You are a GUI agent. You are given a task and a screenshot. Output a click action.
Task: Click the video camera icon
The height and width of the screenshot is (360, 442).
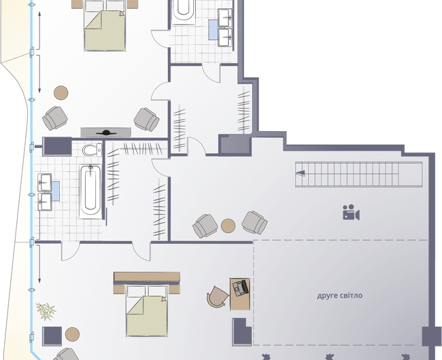click(x=351, y=212)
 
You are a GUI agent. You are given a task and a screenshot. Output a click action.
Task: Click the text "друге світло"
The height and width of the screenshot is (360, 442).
click(x=340, y=295)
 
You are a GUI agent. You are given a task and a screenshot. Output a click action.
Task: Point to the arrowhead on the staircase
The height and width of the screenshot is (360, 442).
click(x=301, y=173)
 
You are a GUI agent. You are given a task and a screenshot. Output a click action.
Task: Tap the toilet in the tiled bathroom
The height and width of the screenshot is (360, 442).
click(x=92, y=150)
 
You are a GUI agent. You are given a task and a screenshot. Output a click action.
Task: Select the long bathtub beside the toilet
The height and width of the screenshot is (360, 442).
click(x=90, y=192)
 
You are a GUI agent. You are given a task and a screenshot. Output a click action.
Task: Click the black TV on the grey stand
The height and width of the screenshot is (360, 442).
click(x=106, y=132)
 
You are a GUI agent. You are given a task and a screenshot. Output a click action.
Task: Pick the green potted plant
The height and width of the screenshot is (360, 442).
click(x=46, y=311)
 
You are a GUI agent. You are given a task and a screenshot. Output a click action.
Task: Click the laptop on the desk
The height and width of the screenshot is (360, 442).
click(x=241, y=288)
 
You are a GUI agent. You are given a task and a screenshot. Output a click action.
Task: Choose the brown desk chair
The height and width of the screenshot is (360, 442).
click(x=217, y=297)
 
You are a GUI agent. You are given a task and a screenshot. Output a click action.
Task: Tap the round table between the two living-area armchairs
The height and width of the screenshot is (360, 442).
click(x=228, y=226)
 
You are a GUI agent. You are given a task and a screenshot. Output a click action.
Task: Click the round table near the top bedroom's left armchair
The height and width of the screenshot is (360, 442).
click(x=61, y=92)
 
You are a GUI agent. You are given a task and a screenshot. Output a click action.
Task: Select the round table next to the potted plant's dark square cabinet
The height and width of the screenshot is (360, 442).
click(x=73, y=334)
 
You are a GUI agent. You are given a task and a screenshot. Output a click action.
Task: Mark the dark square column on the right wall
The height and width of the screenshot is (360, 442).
click(x=431, y=336)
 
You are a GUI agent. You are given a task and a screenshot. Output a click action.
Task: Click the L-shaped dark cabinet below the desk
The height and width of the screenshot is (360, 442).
click(x=241, y=332)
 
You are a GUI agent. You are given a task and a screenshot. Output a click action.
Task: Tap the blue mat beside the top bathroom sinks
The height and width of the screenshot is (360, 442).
click(x=213, y=30)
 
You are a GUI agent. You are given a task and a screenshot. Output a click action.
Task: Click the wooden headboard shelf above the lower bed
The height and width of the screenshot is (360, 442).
click(x=147, y=276)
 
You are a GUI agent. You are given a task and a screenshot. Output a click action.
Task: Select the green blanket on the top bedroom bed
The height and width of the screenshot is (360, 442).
click(x=105, y=31)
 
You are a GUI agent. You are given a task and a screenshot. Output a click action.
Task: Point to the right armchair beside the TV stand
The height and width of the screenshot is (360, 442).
click(x=146, y=120)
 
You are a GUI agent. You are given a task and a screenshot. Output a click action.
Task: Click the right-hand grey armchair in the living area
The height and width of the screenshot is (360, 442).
click(x=254, y=223)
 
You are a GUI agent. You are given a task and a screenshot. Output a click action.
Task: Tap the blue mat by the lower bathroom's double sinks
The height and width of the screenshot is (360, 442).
click(x=56, y=191)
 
